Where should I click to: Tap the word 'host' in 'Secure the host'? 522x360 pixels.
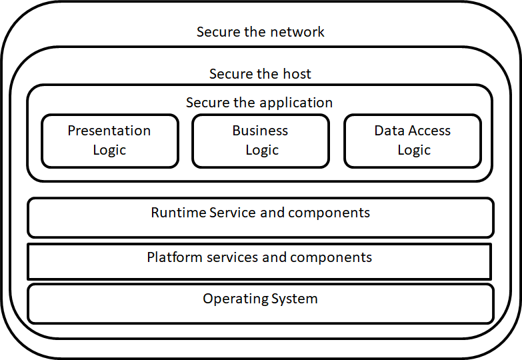point(297,73)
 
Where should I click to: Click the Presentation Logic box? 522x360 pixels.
point(110,141)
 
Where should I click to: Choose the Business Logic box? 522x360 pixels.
point(261,141)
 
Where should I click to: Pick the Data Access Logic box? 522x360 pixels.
point(413,141)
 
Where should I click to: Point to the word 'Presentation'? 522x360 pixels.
point(109,131)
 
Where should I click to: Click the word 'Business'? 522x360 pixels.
point(260,131)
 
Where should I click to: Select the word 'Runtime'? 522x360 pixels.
point(179,213)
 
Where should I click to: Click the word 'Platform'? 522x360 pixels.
point(175,257)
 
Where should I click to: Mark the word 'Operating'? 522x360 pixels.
point(235,299)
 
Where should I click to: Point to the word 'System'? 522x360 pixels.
point(294,299)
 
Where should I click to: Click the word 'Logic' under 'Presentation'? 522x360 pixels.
point(109,151)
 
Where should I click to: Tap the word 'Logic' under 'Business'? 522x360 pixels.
point(262,151)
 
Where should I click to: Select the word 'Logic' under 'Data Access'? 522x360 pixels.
point(414,151)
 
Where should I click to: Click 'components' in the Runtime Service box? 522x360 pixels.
point(329,213)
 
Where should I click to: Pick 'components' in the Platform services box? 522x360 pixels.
point(331,258)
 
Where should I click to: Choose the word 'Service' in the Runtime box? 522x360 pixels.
point(233,213)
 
